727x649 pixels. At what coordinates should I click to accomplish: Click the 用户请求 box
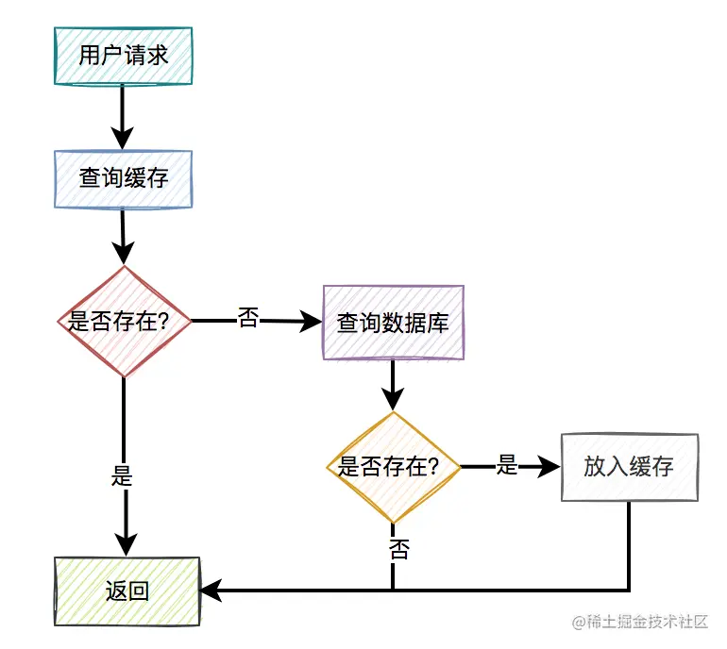(124, 56)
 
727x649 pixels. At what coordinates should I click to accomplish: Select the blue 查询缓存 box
(124, 178)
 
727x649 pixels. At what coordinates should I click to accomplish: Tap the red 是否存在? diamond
(125, 322)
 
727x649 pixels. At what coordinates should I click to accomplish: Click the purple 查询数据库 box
(393, 323)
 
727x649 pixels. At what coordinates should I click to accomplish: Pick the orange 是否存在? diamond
(393, 466)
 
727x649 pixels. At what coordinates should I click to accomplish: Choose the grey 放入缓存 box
(629, 467)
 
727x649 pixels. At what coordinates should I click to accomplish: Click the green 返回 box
(127, 591)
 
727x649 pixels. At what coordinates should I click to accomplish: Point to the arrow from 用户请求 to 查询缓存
(123, 117)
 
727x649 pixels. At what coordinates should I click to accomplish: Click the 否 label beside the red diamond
(248, 319)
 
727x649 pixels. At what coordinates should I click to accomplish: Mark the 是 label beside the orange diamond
(508, 464)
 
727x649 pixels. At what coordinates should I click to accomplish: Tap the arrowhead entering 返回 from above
(125, 543)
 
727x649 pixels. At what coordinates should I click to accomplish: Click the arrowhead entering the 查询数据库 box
(311, 323)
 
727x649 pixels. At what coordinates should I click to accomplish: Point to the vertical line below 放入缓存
(628, 547)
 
